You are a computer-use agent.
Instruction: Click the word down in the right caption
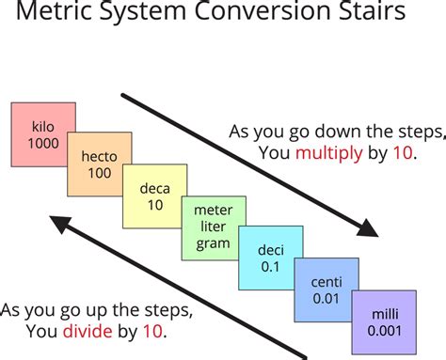tap(319, 131)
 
